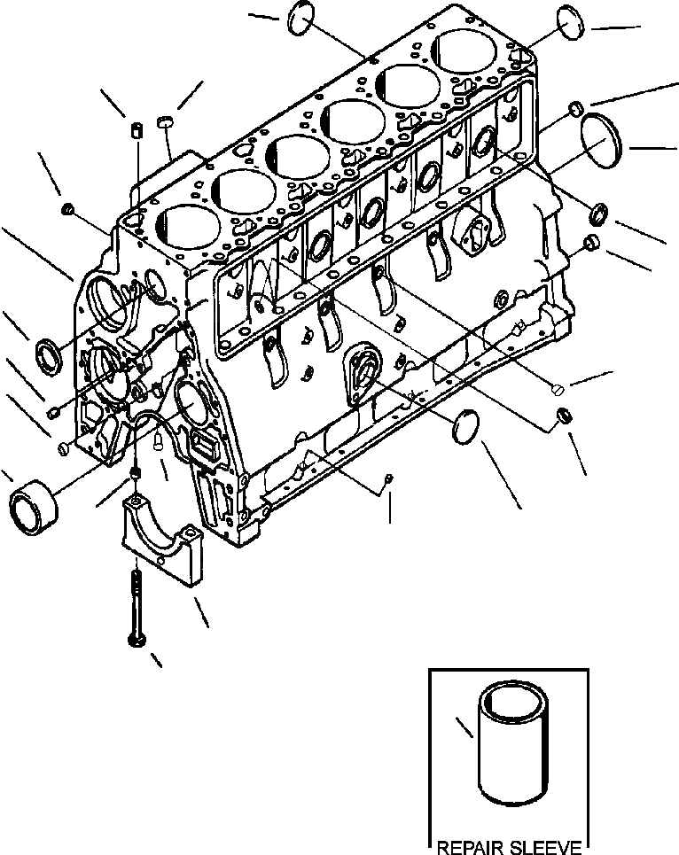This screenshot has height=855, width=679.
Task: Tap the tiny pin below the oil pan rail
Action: [x=388, y=480]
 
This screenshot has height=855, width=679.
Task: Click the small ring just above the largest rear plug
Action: [x=574, y=108]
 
